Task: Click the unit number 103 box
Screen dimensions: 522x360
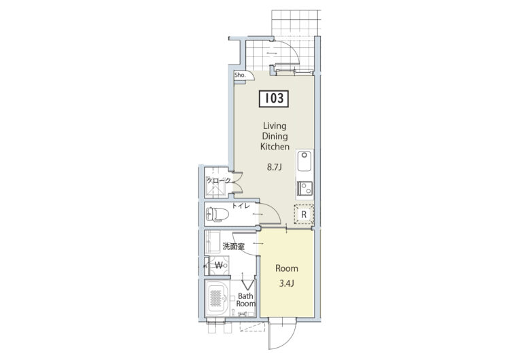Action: point(274,98)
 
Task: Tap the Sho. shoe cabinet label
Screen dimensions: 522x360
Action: point(240,75)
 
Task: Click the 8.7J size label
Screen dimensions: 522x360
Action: point(275,167)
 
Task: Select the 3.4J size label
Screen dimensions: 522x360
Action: point(286,283)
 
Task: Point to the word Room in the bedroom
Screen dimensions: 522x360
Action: point(287,268)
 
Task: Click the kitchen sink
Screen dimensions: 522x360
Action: point(304,161)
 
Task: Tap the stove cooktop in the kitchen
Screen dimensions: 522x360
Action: point(304,188)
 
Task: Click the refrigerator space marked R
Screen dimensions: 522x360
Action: point(304,214)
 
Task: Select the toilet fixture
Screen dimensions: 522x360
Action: point(217,214)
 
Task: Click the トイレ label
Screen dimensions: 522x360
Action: point(241,206)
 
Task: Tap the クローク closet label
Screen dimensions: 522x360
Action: point(219,181)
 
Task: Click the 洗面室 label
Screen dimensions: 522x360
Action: point(233,247)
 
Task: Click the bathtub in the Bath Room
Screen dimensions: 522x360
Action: point(217,298)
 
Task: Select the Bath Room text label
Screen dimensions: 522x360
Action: point(245,300)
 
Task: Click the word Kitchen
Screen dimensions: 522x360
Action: point(275,147)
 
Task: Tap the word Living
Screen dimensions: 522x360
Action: point(275,126)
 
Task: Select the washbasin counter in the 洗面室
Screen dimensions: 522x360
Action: point(212,242)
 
